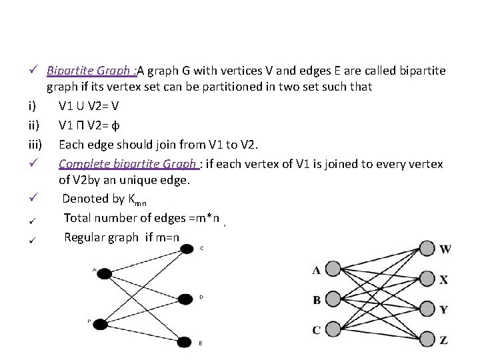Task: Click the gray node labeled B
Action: click(x=331, y=299)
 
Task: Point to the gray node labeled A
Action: click(x=331, y=269)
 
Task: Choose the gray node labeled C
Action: click(x=331, y=329)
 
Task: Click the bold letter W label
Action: click(x=445, y=249)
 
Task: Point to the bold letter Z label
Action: click(x=444, y=340)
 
